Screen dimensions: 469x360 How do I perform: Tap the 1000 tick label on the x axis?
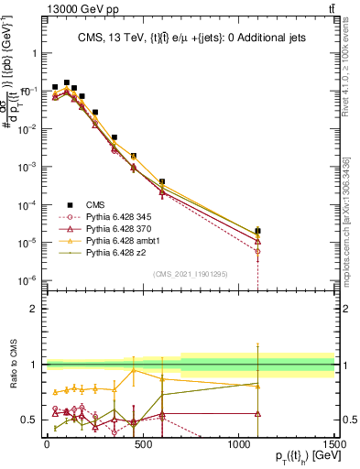(x=238, y=443)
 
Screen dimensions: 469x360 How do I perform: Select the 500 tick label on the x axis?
(x=143, y=443)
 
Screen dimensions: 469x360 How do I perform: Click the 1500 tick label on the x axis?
(x=333, y=443)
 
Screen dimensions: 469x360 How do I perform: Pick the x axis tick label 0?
(x=47, y=443)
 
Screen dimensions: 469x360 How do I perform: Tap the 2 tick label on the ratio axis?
(x=33, y=309)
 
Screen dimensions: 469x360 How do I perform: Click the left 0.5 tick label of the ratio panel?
(x=29, y=420)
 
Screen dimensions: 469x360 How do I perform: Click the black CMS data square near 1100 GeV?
(x=258, y=231)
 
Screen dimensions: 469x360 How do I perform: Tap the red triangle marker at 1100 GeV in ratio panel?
(x=258, y=413)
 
